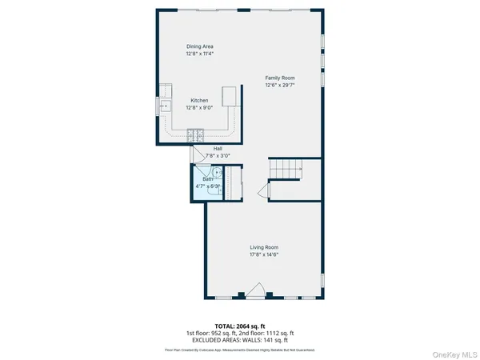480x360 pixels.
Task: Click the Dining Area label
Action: (x=199, y=46)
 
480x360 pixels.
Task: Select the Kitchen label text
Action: (x=199, y=101)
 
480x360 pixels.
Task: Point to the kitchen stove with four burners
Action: (x=195, y=133)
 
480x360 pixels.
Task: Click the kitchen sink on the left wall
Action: (x=165, y=105)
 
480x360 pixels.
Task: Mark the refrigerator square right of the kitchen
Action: (x=231, y=96)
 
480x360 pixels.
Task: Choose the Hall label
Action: (x=218, y=148)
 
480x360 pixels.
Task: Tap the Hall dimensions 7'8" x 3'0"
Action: (x=218, y=155)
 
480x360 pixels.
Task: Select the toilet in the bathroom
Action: (x=213, y=187)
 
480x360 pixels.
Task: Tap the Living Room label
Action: (x=264, y=247)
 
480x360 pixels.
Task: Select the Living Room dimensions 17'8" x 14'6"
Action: (x=264, y=255)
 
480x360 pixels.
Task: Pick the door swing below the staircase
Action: (x=261, y=191)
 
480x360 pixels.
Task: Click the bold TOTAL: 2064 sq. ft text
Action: (x=239, y=326)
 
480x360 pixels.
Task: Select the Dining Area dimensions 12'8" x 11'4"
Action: (x=199, y=54)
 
